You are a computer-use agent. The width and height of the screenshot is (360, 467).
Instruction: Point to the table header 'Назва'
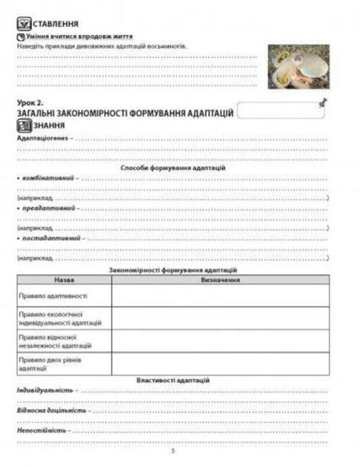click(x=64, y=279)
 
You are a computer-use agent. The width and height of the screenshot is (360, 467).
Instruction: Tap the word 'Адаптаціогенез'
click(x=42, y=138)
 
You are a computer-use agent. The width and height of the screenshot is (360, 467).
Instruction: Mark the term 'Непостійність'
click(x=40, y=429)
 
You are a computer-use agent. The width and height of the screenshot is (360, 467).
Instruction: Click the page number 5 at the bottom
click(x=174, y=451)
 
